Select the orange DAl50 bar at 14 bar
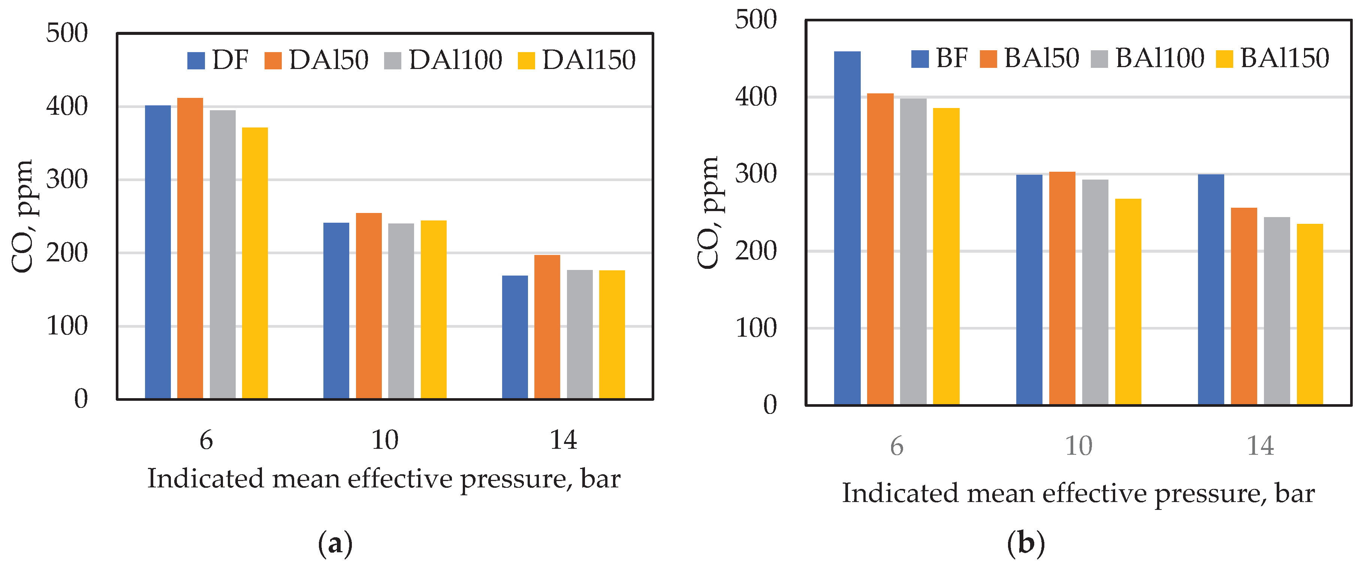click(x=547, y=327)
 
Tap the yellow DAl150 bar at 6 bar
click(x=255, y=263)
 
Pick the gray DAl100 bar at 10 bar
click(x=401, y=311)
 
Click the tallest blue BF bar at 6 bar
click(x=847, y=228)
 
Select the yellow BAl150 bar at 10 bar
click(x=1128, y=302)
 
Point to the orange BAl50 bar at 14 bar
click(x=1244, y=306)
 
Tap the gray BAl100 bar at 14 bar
click(x=1277, y=311)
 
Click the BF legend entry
click(x=940, y=58)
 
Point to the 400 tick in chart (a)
click(x=67, y=106)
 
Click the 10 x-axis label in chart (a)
click(x=384, y=440)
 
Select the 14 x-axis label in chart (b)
click(x=1260, y=446)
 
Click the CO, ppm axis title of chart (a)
click(x=22, y=216)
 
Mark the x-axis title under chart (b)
click(x=1078, y=494)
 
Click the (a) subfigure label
click(x=335, y=544)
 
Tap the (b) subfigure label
click(x=1026, y=544)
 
